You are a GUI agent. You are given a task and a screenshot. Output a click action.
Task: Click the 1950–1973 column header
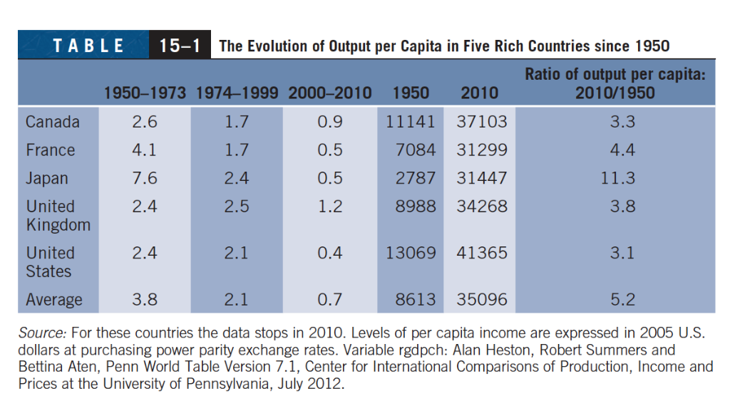(x=145, y=93)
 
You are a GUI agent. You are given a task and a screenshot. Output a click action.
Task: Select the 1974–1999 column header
(x=237, y=93)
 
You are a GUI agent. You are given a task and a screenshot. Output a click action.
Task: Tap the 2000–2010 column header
(x=329, y=93)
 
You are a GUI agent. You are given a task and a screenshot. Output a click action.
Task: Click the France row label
(x=50, y=150)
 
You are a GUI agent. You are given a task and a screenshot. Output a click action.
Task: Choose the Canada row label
(x=53, y=122)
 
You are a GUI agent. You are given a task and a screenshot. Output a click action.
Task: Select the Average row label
(x=54, y=300)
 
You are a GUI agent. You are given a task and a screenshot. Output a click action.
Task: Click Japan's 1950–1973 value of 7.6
(x=145, y=178)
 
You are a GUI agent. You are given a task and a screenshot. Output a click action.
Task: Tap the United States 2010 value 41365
(x=482, y=253)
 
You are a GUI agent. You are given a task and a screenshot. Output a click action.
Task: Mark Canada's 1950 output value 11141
(x=410, y=122)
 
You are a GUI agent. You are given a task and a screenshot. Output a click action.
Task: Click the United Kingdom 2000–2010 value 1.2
(x=329, y=207)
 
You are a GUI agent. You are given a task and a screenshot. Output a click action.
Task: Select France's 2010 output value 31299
(x=482, y=150)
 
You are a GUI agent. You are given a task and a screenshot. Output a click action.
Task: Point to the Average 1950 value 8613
(x=415, y=300)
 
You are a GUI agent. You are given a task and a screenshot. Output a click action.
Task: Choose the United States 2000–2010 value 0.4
(x=329, y=253)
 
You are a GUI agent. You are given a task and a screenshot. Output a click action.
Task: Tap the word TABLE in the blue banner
(x=88, y=46)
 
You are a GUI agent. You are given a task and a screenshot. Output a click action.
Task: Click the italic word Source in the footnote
(x=43, y=333)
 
